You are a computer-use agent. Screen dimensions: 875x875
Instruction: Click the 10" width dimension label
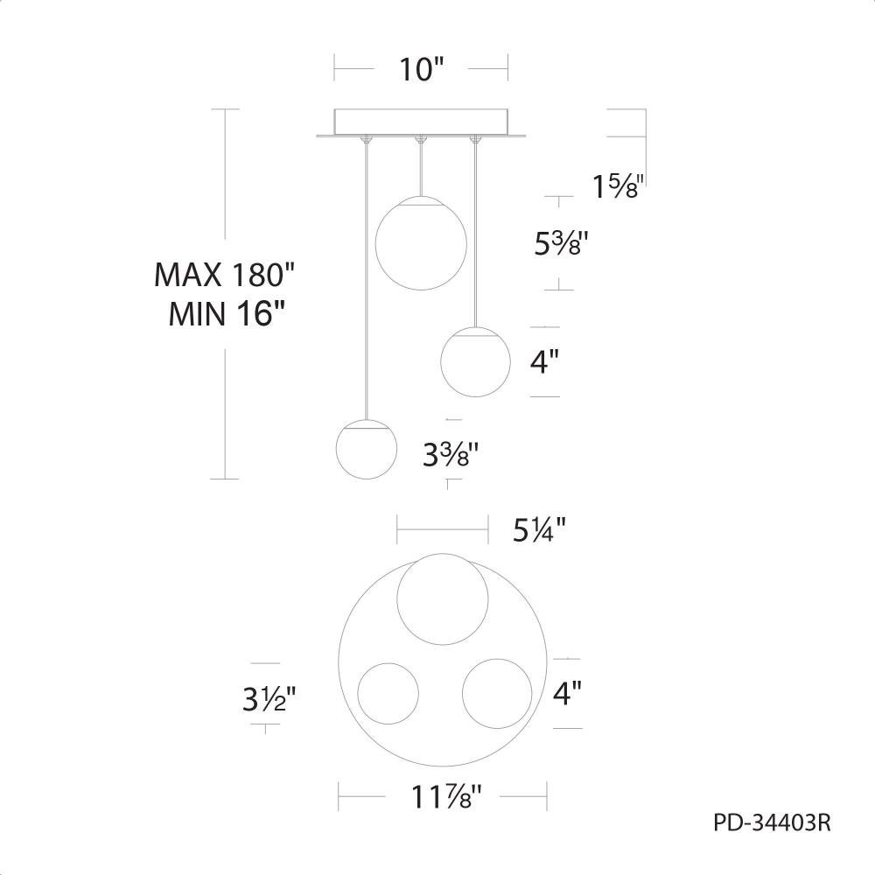click(x=422, y=69)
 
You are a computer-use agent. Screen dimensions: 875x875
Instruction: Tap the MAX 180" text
click(x=224, y=275)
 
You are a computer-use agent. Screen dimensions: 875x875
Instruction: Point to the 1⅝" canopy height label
click(x=619, y=185)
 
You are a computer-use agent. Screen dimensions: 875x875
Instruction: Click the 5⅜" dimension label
click(x=561, y=243)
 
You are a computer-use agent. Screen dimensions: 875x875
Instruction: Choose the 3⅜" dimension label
click(x=451, y=455)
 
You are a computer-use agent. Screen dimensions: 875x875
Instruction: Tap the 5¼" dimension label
click(x=539, y=529)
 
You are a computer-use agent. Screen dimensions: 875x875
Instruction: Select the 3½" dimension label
click(x=269, y=698)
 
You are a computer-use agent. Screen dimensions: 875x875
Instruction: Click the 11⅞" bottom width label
click(x=446, y=796)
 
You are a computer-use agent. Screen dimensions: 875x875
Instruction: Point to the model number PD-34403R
click(x=772, y=822)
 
